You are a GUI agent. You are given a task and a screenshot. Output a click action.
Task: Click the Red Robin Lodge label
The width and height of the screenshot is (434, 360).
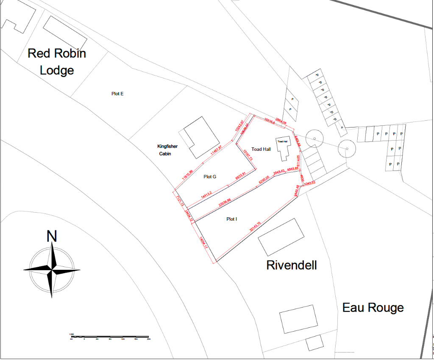[x=57, y=61]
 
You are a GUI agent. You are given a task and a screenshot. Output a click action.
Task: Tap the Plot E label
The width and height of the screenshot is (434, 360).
[x=117, y=94]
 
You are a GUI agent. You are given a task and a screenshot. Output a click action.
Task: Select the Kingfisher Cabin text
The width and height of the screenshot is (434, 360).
[x=167, y=150]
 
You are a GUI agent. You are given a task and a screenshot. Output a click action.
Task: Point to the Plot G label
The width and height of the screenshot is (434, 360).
[x=210, y=177]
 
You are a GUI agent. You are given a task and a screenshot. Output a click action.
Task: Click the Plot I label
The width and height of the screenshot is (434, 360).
[x=231, y=219]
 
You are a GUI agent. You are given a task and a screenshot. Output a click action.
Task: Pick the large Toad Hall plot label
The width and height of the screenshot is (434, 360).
[x=261, y=149]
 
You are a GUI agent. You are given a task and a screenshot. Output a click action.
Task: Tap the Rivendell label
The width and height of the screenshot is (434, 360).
[x=292, y=265]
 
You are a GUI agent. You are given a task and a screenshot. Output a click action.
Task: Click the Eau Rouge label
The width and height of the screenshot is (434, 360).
[x=373, y=307]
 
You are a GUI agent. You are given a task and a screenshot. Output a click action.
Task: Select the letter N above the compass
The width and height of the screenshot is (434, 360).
[x=52, y=236]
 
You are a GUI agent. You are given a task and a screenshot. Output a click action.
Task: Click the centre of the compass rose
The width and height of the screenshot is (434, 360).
[x=52, y=269]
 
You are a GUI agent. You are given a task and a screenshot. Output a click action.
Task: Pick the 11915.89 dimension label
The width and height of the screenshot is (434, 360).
[x=187, y=175]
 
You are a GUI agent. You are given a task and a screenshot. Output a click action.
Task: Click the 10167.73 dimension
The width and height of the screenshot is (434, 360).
[x=248, y=153]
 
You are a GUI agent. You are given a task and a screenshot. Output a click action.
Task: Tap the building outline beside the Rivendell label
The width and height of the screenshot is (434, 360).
[x=281, y=237]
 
